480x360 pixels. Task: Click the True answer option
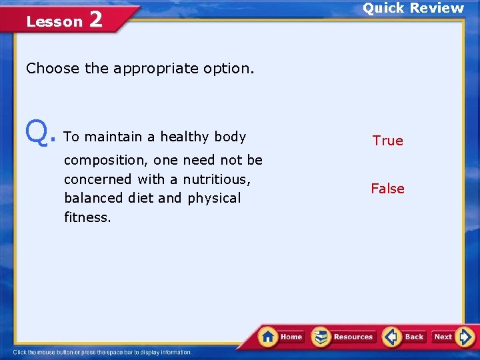387,141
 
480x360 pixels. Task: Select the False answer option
387,189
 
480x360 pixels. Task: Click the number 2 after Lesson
95,20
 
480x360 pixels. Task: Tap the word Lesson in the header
54,21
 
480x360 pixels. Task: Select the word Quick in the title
383,8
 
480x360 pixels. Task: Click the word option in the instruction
232,69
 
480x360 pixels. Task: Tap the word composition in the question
105,161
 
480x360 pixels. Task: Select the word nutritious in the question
215,179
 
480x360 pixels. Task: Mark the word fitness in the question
87,217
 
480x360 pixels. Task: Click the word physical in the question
214,198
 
